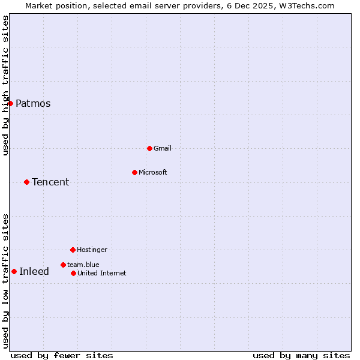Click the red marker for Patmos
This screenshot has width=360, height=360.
10,103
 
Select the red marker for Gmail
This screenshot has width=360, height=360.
149,148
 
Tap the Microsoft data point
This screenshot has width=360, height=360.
134,172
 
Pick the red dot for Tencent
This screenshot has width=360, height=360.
26,182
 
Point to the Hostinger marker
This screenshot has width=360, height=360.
73,250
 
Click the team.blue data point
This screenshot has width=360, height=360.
63,265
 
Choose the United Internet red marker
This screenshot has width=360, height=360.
73,273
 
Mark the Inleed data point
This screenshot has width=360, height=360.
14,271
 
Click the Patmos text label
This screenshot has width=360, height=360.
33,103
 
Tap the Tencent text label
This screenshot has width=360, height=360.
50,182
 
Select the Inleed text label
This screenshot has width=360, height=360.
34,271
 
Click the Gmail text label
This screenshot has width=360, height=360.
163,148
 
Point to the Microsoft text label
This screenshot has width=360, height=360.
153,172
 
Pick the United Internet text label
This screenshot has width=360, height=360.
102,273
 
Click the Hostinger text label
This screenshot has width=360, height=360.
92,250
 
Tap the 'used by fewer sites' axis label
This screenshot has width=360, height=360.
62,355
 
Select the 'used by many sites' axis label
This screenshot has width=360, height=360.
301,355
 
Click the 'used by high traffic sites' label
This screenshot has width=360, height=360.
5,85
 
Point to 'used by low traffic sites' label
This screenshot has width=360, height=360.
5,280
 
